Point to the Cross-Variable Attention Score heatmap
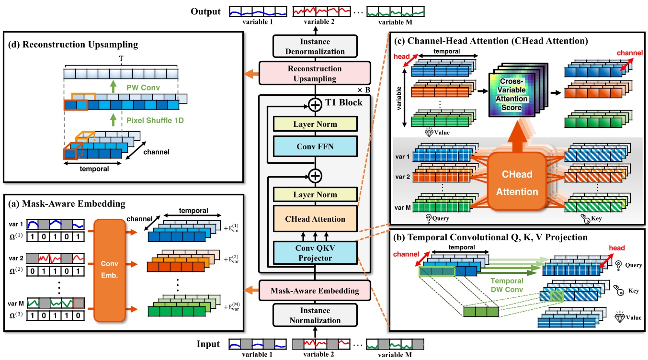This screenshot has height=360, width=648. [x=514, y=95]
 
